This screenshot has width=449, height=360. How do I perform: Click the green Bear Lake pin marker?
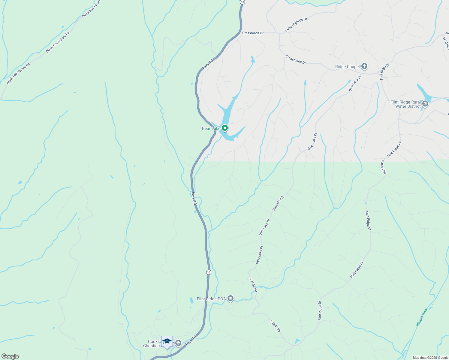tap(224, 128)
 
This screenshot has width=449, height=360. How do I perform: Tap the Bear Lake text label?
tap(211, 129)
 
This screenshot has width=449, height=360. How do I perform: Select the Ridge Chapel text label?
tap(347, 67)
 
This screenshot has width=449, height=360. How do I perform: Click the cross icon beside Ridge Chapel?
tap(364, 66)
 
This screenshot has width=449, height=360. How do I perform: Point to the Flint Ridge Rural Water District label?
tap(405, 104)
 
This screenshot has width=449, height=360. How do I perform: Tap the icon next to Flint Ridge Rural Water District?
tap(425, 104)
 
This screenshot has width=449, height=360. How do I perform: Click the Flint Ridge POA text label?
tap(211, 299)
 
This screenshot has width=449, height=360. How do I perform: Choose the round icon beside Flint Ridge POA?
tap(231, 298)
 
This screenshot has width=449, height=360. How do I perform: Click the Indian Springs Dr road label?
tap(296, 25)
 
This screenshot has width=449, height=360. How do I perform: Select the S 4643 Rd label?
tap(383, 167)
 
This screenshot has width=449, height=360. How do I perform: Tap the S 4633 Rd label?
tap(253, 285)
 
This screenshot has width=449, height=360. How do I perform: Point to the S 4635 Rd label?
tap(275, 326)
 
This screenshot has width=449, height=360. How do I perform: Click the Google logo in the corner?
tap(10, 356)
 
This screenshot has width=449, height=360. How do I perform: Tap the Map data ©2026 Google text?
tap(430, 358)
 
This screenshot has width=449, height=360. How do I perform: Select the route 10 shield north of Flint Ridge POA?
tap(209, 272)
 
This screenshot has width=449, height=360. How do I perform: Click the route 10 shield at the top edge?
tap(243, 2)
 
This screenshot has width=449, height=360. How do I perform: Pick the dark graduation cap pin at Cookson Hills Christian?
tap(167, 342)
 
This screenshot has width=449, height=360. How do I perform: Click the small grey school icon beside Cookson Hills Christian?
tap(178, 343)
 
